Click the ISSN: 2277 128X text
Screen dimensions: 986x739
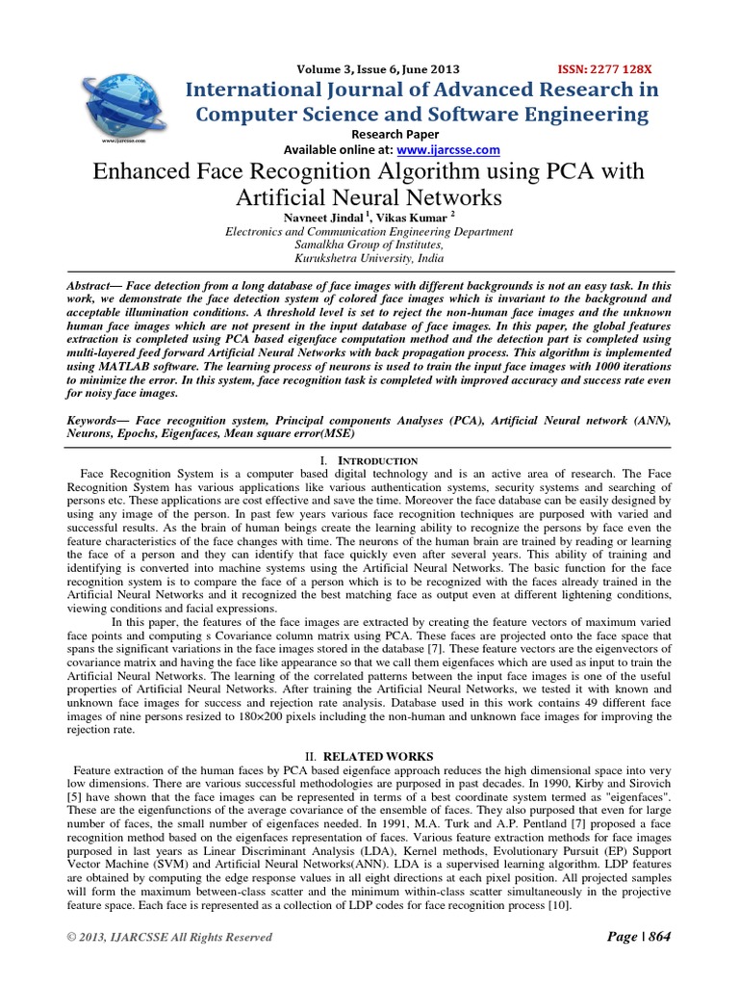tap(605, 69)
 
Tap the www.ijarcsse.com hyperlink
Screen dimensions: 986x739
tap(448, 149)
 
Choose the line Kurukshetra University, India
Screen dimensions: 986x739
tap(369, 259)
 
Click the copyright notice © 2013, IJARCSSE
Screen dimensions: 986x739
tap(169, 938)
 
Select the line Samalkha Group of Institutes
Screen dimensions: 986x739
tap(369, 246)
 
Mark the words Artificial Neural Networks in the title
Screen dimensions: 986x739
tap(369, 198)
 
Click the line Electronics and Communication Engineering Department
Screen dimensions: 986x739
tap(369, 232)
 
